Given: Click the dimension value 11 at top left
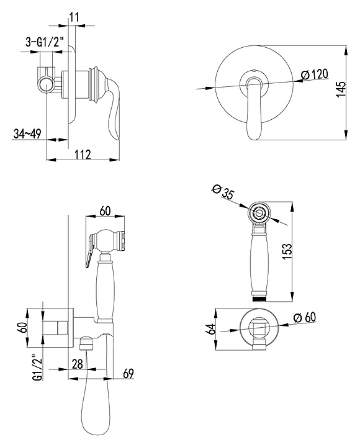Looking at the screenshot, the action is pyautogui.click(x=74, y=17).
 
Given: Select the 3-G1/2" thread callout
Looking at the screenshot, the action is pyautogui.click(x=45, y=42).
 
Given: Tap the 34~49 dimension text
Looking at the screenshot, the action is pyautogui.click(x=27, y=133).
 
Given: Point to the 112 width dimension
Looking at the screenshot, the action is pyautogui.click(x=83, y=154).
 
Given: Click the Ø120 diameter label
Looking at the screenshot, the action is pyautogui.click(x=315, y=74).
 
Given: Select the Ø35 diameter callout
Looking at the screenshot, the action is pyautogui.click(x=223, y=191).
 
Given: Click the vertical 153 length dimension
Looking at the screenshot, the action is pyautogui.click(x=287, y=251).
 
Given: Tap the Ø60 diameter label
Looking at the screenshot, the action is pyautogui.click(x=305, y=318).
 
